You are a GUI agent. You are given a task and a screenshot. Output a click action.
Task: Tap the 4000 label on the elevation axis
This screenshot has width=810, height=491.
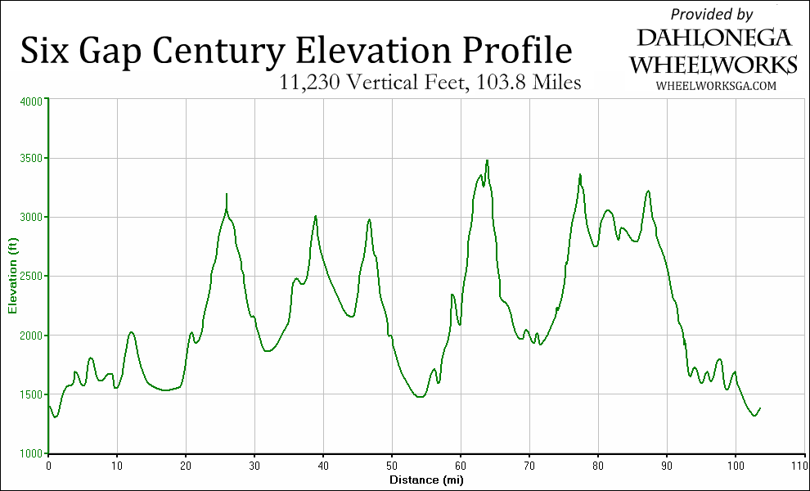pyautogui.click(x=30, y=101)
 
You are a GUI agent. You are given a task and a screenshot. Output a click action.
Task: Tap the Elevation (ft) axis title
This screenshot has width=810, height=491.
pyautogui.click(x=12, y=277)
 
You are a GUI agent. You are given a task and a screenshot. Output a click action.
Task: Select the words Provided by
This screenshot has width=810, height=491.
pyautogui.click(x=712, y=14)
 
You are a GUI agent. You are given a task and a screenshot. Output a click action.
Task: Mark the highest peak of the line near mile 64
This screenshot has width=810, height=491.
pyautogui.click(x=487, y=160)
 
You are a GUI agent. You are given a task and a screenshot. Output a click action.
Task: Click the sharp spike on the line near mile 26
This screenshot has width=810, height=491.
pyautogui.click(x=226, y=194)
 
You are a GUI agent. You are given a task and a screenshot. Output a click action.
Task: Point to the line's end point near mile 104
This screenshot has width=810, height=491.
pyautogui.click(x=760, y=408)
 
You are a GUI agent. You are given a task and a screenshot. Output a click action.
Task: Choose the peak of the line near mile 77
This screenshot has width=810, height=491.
pyautogui.click(x=580, y=174)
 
